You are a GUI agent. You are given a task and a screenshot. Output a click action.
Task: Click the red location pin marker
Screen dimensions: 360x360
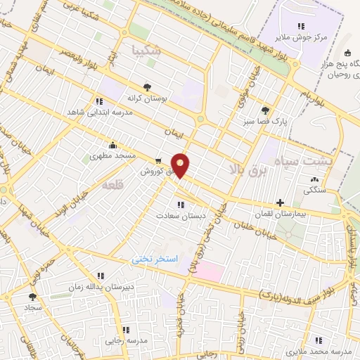[x=181, y=165]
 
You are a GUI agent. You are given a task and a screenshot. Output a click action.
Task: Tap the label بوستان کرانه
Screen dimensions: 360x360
[x=146, y=99]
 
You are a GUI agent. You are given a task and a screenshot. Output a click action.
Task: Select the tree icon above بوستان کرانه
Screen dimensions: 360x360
[x=146, y=87]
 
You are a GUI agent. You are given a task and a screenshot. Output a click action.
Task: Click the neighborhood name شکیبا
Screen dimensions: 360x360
[x=147, y=50]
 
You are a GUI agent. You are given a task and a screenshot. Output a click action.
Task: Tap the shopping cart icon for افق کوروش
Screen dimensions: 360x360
[x=159, y=160]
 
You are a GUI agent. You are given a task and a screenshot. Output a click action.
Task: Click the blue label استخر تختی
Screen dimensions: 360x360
[x=156, y=260]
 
